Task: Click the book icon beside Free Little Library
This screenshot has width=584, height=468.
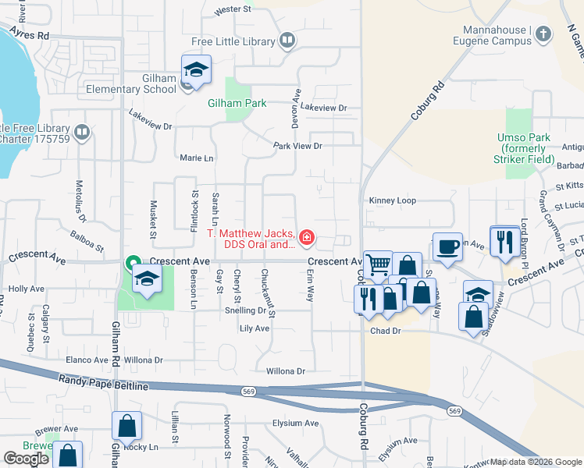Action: [x=287, y=40]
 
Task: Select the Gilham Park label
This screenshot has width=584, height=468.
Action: [x=237, y=103]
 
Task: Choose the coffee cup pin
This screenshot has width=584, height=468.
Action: [x=447, y=246]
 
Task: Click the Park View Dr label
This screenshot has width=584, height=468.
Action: [x=297, y=146]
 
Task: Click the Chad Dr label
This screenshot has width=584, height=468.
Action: [x=385, y=331]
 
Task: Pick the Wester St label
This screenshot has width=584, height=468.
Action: [x=233, y=10]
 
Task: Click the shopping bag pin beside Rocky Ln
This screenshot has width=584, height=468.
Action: [x=127, y=426]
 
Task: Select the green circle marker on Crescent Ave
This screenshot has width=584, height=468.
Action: [x=134, y=262]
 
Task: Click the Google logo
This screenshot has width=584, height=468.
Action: [x=27, y=458]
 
